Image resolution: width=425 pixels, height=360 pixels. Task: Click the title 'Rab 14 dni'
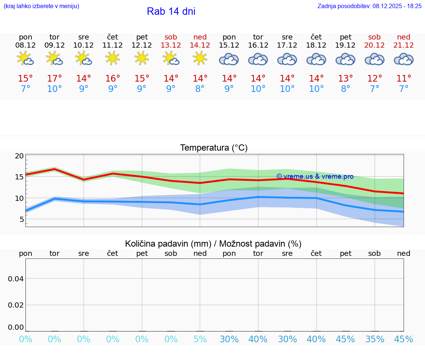171,11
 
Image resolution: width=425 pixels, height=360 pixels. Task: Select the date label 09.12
54,45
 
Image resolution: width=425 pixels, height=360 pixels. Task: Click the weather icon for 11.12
113,58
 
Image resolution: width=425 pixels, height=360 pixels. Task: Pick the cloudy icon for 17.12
287,59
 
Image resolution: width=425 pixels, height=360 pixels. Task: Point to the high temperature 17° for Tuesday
54,78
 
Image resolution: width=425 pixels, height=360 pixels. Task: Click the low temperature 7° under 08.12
25,89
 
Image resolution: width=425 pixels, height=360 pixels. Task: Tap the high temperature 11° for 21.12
404,78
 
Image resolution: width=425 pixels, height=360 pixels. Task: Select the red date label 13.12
171,45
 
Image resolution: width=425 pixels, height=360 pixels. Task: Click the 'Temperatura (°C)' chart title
214,148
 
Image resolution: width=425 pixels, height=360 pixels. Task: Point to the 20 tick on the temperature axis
19,156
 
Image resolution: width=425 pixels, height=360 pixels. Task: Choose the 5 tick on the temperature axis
21,219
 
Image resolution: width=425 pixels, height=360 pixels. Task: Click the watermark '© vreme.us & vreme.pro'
315,176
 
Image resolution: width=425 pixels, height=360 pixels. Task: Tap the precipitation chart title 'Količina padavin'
213,244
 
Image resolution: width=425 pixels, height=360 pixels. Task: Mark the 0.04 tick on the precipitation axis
16,278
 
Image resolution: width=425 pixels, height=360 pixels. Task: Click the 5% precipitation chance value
200,339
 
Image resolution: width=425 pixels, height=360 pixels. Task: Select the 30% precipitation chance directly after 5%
229,339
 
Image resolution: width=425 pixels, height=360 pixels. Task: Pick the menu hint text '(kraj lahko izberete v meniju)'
41,6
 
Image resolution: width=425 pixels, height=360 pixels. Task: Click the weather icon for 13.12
171,58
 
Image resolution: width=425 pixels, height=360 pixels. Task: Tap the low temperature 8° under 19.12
345,89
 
